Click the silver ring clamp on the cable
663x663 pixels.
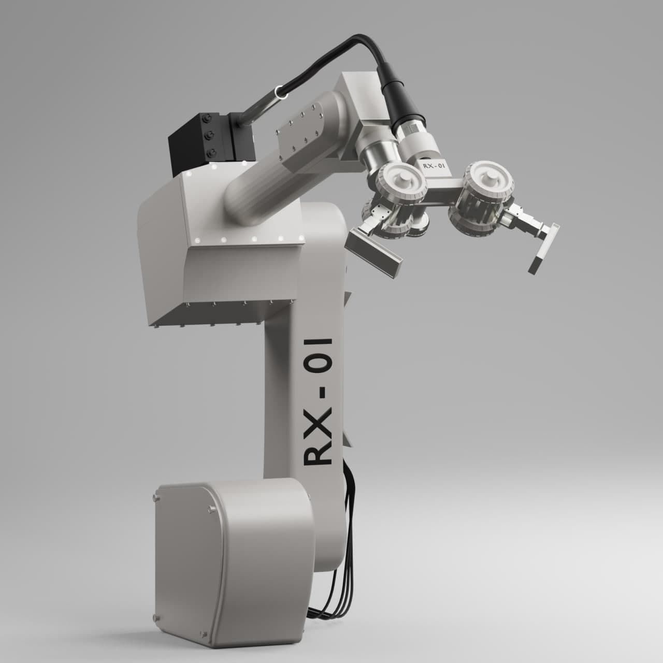(x=282, y=92)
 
